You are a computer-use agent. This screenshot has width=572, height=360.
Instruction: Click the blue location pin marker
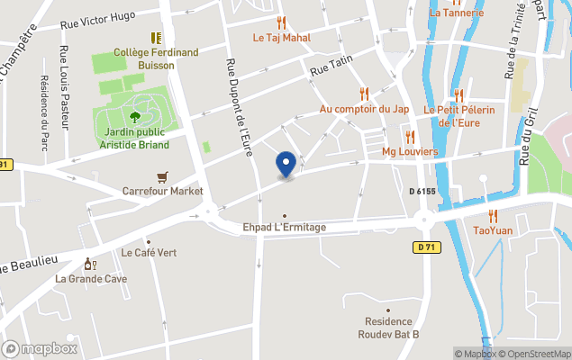point(286,164)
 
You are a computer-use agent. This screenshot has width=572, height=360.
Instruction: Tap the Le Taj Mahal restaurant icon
point(281,23)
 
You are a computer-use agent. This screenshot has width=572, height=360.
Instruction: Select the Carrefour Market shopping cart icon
point(162,176)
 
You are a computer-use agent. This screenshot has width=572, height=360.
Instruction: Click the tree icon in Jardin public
point(135,116)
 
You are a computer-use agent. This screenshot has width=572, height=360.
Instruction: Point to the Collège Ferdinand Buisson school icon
point(156,38)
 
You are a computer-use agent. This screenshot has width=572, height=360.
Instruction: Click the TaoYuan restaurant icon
point(493,216)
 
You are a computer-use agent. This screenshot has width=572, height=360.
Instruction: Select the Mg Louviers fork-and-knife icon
point(410,137)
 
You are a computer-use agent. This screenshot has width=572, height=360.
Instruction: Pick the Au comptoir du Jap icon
point(364,94)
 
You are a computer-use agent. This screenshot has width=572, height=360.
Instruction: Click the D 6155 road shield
point(422,192)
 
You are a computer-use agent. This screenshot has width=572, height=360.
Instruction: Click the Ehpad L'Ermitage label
point(285,227)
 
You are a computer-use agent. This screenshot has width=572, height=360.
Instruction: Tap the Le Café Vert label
point(149,252)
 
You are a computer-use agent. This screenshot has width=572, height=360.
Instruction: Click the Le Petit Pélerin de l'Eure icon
point(459,94)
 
